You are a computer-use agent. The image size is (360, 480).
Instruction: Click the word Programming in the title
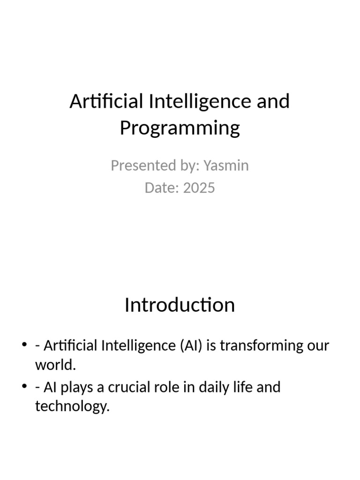(x=180, y=128)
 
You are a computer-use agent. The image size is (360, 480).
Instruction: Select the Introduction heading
(x=180, y=305)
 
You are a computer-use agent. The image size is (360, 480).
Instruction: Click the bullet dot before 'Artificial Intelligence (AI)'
(x=24, y=346)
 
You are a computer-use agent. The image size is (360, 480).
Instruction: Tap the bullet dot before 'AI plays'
(x=24, y=387)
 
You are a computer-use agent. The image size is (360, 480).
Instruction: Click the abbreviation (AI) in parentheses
(x=190, y=346)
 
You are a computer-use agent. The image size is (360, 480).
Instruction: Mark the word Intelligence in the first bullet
(x=140, y=346)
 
